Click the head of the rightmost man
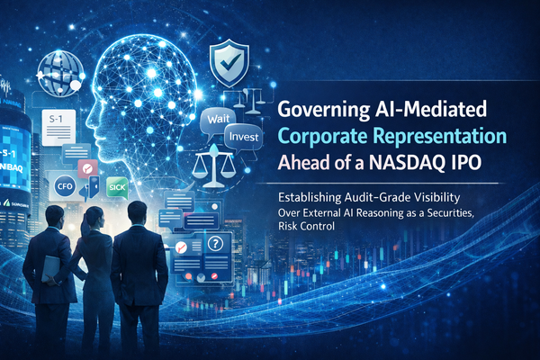[138, 213]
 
